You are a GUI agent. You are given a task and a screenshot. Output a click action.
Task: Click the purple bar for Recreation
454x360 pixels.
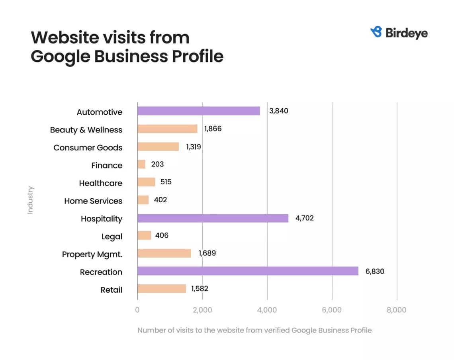pyautogui.click(x=248, y=271)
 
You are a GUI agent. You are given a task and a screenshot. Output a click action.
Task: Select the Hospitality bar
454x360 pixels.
pyautogui.click(x=213, y=218)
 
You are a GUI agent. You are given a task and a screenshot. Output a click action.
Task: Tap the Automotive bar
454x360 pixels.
pyautogui.click(x=198, y=111)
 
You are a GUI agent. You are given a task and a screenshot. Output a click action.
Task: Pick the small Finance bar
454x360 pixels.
pyautogui.click(x=141, y=164)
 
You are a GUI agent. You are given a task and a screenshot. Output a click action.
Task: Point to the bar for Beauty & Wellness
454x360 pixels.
pyautogui.click(x=167, y=129)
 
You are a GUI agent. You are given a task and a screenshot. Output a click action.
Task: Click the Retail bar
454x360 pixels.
pyautogui.click(x=162, y=289)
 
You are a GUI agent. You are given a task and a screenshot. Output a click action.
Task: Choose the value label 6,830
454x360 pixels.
pyautogui.click(x=375, y=272)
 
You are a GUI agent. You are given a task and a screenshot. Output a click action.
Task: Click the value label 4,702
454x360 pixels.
pyautogui.click(x=305, y=218)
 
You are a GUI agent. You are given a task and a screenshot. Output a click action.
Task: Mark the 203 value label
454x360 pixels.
pyautogui.click(x=157, y=164)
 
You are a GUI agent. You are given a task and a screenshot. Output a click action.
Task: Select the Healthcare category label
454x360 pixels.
pyautogui.click(x=100, y=183)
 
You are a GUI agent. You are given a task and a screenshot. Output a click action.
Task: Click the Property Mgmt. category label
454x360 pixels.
pyautogui.click(x=92, y=254)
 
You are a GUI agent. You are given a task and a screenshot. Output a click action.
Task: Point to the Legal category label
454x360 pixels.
pyautogui.click(x=112, y=237)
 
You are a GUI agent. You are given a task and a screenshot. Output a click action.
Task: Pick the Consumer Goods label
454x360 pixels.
pyautogui.click(x=88, y=148)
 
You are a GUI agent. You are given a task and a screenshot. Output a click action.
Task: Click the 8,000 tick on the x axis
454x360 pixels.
pyautogui.click(x=397, y=310)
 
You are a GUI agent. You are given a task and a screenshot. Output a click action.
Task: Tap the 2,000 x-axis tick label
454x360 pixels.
pyautogui.click(x=202, y=310)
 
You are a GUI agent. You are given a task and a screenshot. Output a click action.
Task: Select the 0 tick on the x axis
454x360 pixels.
pyautogui.click(x=137, y=310)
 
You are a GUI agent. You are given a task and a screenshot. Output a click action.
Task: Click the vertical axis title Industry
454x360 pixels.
pyautogui.click(x=31, y=200)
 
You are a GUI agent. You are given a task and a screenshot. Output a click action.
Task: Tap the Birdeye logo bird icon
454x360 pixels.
pyautogui.click(x=376, y=32)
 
